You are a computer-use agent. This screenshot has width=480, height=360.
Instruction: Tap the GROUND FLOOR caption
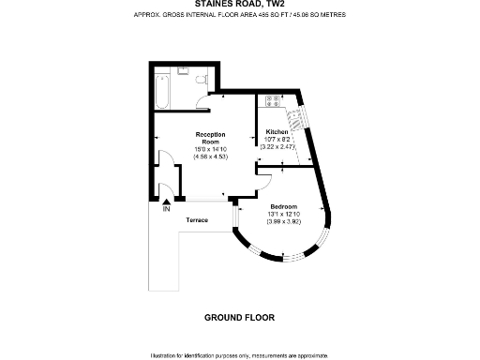[x=239, y=318]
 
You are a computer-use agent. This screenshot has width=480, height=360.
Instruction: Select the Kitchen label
[x=277, y=132]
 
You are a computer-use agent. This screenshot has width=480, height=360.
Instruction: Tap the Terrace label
[x=196, y=220]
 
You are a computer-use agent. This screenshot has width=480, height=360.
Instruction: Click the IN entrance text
[x=166, y=208]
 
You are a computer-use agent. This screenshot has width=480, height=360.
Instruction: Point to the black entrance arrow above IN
[x=166, y=200]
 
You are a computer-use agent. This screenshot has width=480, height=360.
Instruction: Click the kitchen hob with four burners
[x=274, y=100]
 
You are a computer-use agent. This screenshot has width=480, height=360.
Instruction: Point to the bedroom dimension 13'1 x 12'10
[x=283, y=214]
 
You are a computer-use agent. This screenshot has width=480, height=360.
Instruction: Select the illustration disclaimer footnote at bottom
[x=239, y=355]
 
